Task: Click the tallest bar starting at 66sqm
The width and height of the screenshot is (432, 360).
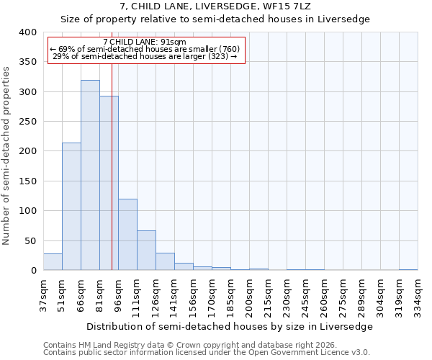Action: tap(90, 175)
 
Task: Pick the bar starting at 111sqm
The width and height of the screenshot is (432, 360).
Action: tap(146, 251)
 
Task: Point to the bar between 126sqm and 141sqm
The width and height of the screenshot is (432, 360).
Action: tap(165, 261)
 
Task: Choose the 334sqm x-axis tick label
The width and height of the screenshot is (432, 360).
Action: tap(418, 296)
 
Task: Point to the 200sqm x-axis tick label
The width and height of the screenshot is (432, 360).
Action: tap(249, 296)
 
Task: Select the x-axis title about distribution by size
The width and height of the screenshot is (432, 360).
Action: tap(230, 327)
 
